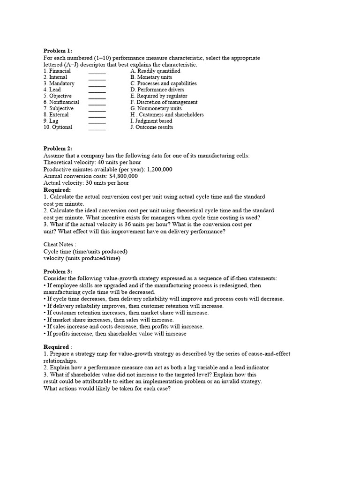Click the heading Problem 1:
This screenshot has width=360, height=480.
point(58,51)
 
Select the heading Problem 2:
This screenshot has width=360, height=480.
point(58,149)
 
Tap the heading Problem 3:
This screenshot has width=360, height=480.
point(58,271)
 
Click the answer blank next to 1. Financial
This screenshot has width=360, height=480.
point(97,71)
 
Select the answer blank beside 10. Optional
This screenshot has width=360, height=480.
point(97,127)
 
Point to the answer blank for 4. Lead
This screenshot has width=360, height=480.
point(97,90)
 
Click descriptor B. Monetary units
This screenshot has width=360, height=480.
point(151,77)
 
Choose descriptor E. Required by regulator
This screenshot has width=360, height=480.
point(161,96)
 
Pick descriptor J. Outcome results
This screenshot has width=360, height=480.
point(151,127)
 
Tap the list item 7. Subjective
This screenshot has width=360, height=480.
point(59,108)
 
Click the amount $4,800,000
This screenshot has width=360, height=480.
point(123,176)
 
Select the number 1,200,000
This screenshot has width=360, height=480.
point(159,170)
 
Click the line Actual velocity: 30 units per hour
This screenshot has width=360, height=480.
point(86,183)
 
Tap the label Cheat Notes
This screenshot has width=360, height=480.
point(60,244)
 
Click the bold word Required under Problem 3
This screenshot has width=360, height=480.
point(56,347)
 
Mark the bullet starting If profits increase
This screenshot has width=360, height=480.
point(115,334)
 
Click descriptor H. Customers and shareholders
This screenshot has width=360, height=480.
point(167,115)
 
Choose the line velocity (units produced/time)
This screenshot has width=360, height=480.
point(82,258)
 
